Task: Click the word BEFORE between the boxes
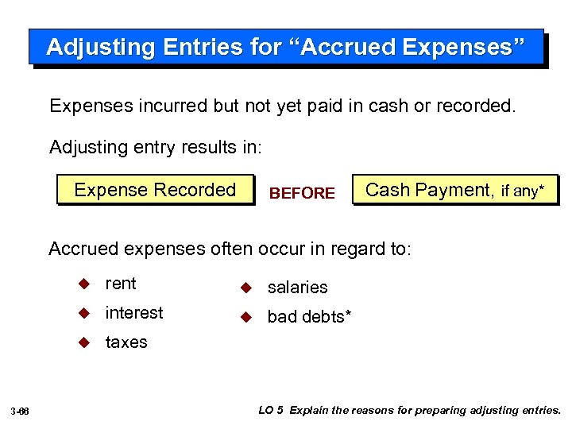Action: coord(303,193)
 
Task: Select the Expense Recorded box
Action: coord(155,190)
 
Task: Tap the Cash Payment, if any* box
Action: coord(455,190)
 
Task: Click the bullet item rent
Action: coord(121,284)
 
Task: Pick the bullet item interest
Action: coord(134,313)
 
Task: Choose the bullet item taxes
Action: coord(126,342)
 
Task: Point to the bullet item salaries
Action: coord(297,288)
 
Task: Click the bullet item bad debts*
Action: coord(309,317)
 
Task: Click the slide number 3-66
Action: coord(21,412)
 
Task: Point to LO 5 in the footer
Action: coord(271,411)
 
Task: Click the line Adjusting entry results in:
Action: coord(149,147)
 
